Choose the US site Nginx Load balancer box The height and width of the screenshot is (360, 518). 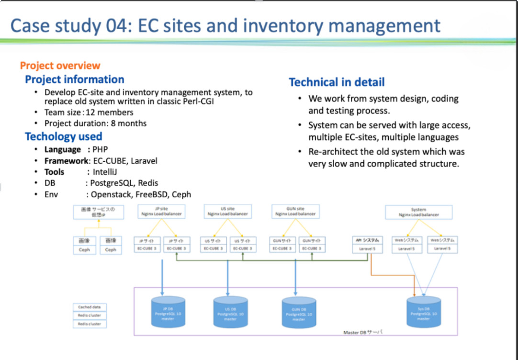point(228,212)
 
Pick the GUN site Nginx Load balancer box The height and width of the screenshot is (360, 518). point(295,212)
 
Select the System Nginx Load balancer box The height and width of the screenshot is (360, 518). point(419,212)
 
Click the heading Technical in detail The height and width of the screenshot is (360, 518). point(337,82)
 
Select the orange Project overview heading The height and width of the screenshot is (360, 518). point(60,66)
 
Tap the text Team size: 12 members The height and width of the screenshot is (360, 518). point(89,112)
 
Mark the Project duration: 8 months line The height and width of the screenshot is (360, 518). point(95,124)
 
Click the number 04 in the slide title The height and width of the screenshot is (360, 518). point(116,26)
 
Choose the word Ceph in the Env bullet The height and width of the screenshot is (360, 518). point(181,194)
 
